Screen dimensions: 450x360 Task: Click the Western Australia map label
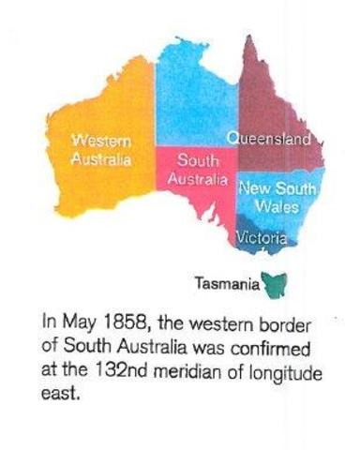(x=101, y=149)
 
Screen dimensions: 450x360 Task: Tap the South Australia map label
(x=198, y=169)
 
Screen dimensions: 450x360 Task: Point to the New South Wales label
(x=277, y=197)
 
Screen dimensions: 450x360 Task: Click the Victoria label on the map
(x=261, y=239)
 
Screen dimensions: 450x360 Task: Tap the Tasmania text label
(x=226, y=279)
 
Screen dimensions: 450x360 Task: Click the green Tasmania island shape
(x=274, y=279)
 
